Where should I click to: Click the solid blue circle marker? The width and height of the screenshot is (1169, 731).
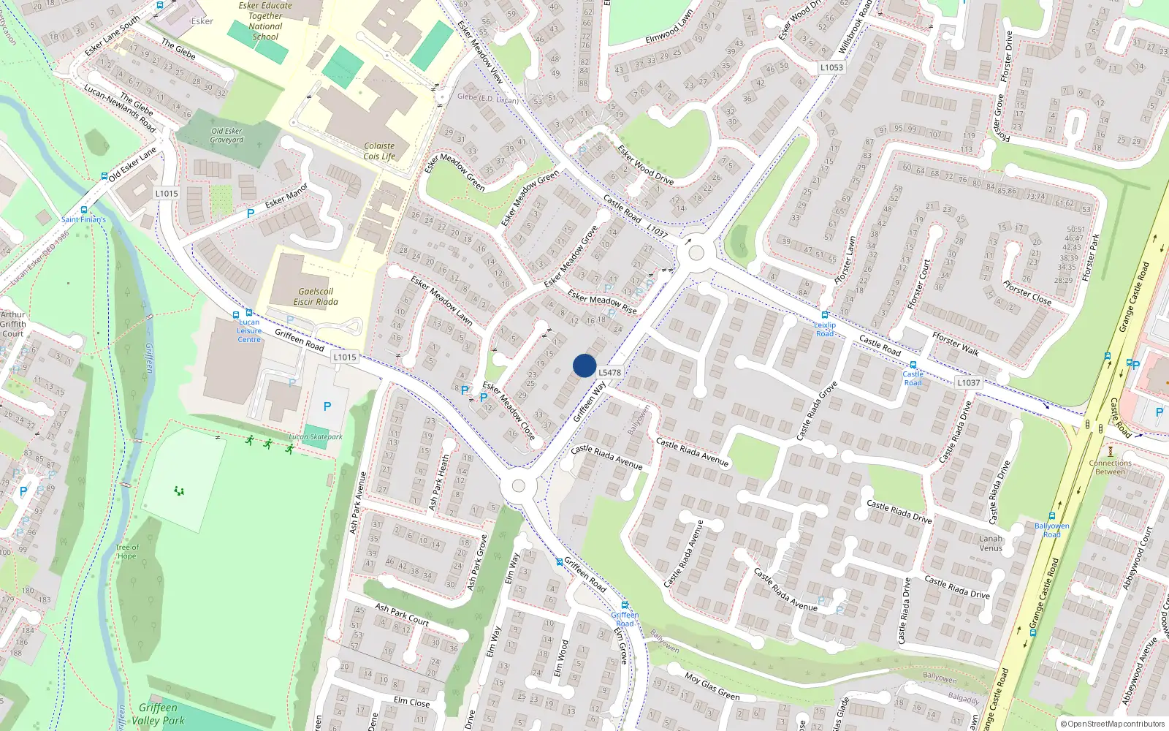584,365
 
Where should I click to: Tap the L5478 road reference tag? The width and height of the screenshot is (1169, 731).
610,372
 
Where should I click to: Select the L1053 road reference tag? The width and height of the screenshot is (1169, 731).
831,67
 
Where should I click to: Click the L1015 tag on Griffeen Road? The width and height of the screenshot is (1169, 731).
345,357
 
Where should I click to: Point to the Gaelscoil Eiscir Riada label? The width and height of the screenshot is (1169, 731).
316,296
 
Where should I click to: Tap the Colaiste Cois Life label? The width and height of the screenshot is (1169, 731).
379,151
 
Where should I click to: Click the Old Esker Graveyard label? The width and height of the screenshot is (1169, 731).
227,135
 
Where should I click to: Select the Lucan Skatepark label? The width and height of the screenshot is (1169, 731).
316,436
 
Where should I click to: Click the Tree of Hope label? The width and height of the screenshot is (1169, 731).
126,551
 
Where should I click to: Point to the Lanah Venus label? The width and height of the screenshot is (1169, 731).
991,543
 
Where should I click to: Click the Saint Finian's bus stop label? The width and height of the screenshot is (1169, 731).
83,219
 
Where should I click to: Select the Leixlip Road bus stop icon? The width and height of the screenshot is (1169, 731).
824,315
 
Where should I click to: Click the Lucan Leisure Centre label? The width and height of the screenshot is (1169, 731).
249,330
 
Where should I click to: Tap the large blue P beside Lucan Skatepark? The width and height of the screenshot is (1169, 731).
327,406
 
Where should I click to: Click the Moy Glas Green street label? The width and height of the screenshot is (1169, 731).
712,686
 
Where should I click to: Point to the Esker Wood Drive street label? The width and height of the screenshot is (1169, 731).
646,164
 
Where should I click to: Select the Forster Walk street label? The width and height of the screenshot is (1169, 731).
956,344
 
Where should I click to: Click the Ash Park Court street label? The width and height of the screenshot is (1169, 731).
402,614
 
